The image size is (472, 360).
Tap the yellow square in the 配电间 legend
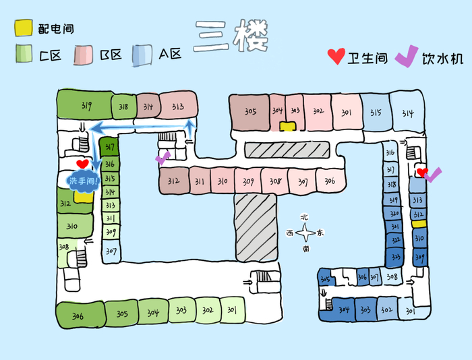pyautogui.click(x=24, y=28)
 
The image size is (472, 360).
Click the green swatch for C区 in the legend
pyautogui.click(x=24, y=55)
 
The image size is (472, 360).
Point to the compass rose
pyautogui.click(x=305, y=233)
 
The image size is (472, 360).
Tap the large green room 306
pyautogui.click(x=79, y=315)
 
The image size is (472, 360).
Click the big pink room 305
pyautogui.click(x=249, y=112)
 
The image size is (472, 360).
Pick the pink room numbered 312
pyautogui.click(x=173, y=180)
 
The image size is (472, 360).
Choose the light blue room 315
pyautogui.click(x=376, y=112)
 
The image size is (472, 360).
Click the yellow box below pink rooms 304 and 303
pyautogui.click(x=288, y=126)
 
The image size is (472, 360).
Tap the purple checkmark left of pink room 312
pyautogui.click(x=163, y=157)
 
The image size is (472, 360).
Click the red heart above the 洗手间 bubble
pyautogui.click(x=82, y=164)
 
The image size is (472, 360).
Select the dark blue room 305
pyautogui.click(x=325, y=279)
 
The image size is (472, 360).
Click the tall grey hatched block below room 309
pyautogui.click(x=256, y=227)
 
